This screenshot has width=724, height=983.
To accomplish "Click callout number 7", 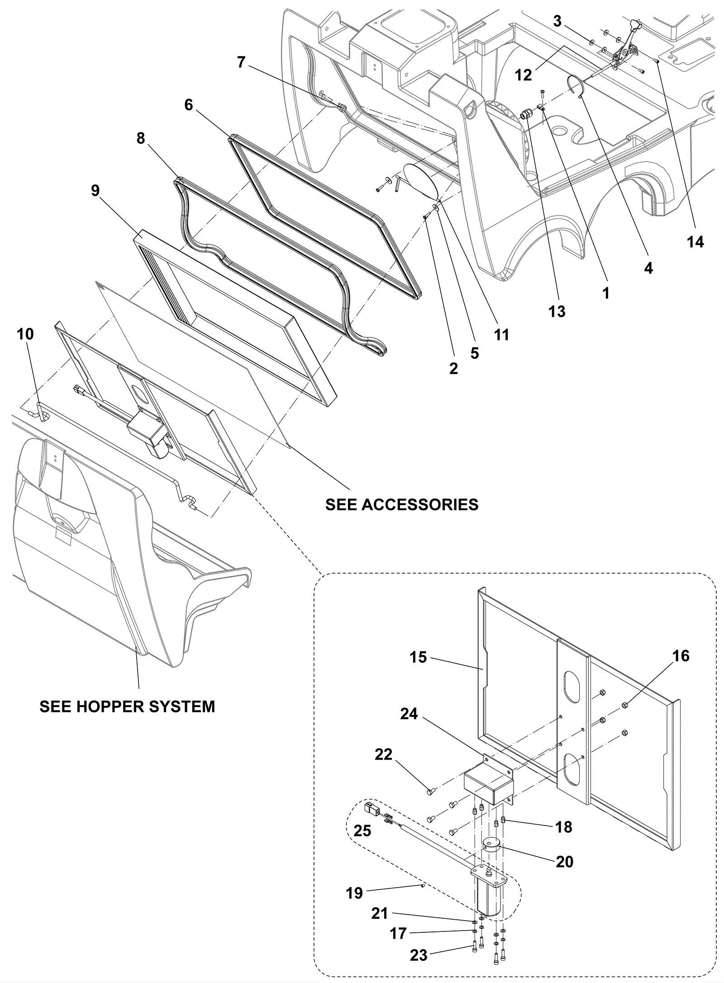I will pos(241,62).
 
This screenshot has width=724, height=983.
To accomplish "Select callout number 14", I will pos(695,242).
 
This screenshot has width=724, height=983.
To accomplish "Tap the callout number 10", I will pos(25,334).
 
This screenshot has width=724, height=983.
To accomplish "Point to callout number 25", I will pos(362,831).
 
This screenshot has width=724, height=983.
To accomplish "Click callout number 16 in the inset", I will pos(681,655).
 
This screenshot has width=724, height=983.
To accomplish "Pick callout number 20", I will pos(564,862).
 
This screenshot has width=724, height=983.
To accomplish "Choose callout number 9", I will pos(95,190).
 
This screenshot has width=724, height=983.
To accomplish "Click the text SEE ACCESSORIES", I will pos(402,504).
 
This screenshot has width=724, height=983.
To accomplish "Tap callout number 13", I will pos(557,311).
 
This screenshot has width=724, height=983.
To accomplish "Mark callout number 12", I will pos(524,75).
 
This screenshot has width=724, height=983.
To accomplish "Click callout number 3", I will pos(557,21).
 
